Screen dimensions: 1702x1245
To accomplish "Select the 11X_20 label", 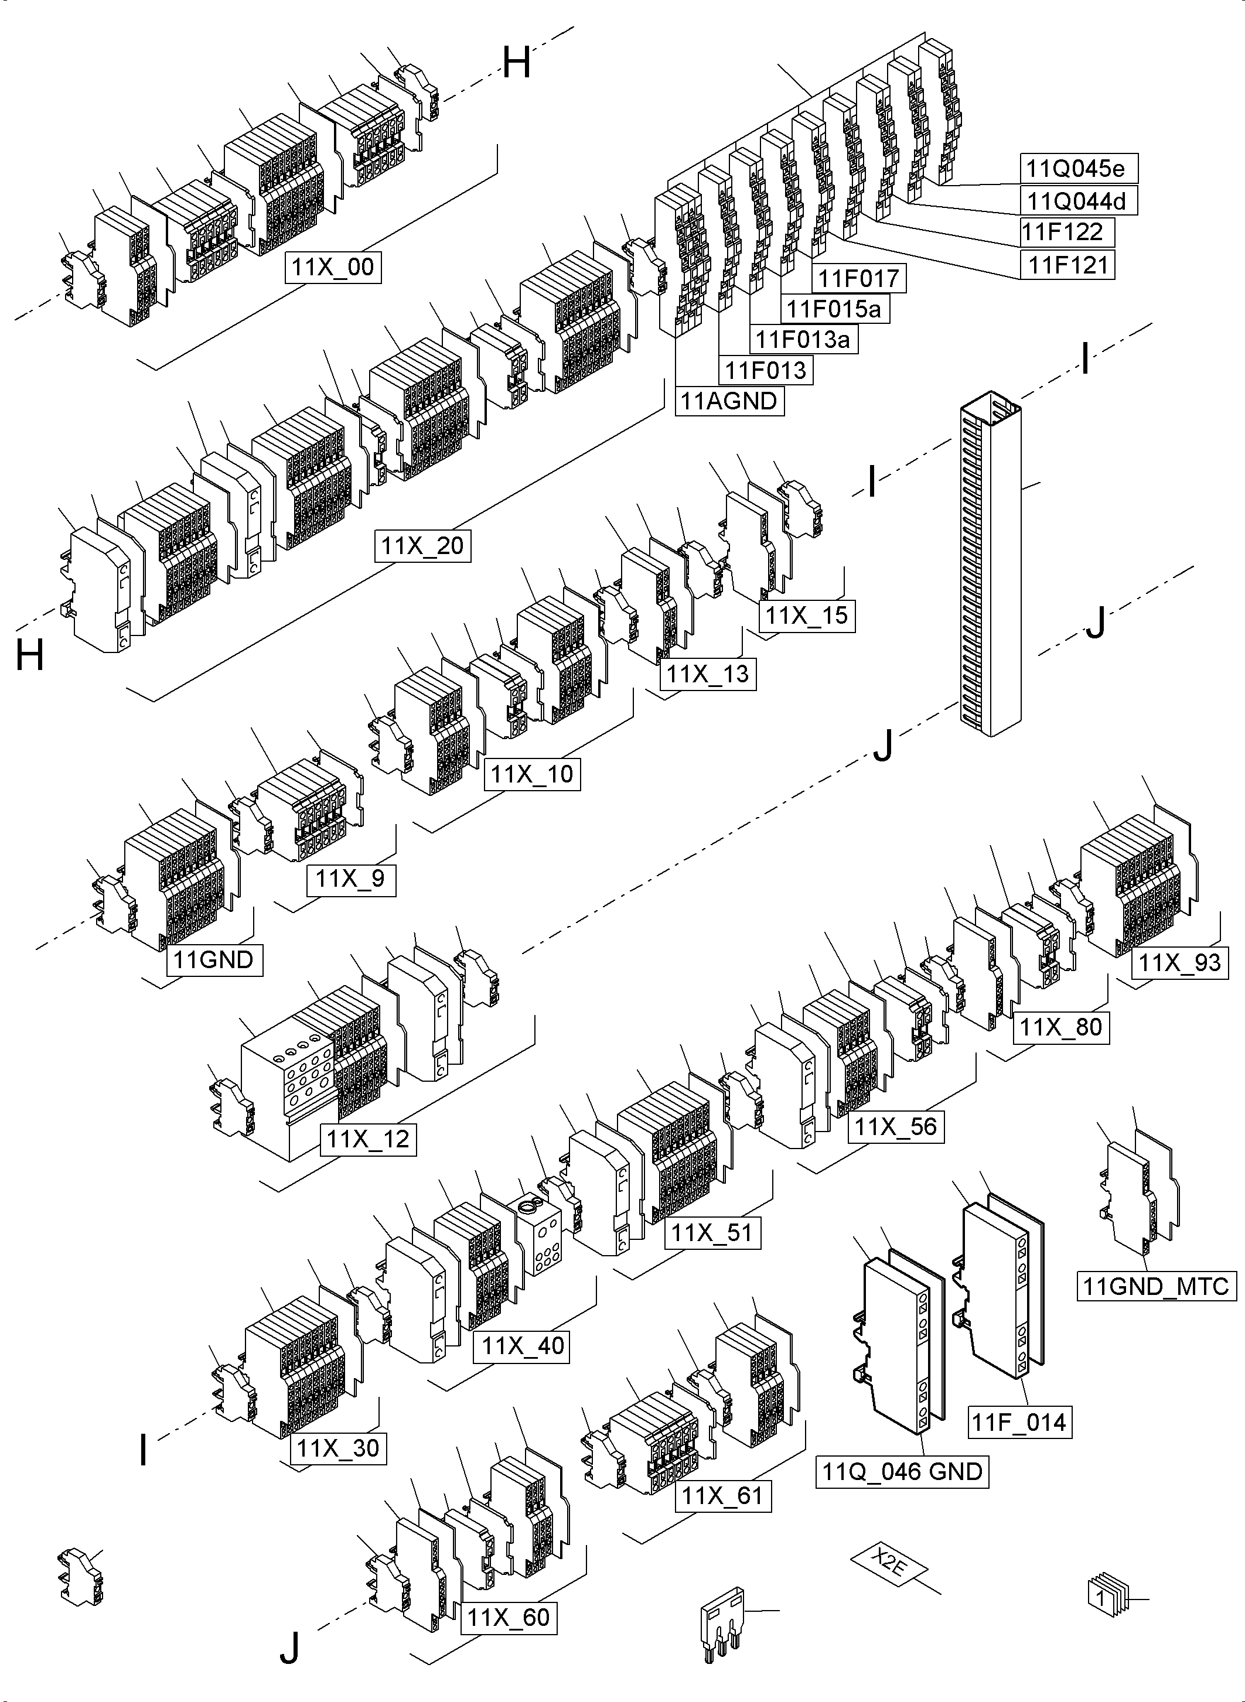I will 423,545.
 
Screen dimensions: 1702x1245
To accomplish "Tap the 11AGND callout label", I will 729,401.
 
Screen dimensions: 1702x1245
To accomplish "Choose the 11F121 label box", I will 1067,265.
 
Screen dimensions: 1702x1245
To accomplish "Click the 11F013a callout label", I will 803,340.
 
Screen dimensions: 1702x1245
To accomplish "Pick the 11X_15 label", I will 806,616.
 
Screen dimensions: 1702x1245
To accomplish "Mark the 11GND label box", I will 214,961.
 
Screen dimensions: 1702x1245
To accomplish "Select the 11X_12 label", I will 368,1139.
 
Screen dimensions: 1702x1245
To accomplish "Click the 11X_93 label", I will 1179,963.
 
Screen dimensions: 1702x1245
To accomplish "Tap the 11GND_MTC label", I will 1156,1286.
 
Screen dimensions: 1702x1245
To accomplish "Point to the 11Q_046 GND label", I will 901,1471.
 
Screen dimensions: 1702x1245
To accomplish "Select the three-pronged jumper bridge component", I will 722,1620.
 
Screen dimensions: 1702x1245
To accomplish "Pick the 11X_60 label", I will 508,1618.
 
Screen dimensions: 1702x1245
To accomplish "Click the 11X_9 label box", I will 350,879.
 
